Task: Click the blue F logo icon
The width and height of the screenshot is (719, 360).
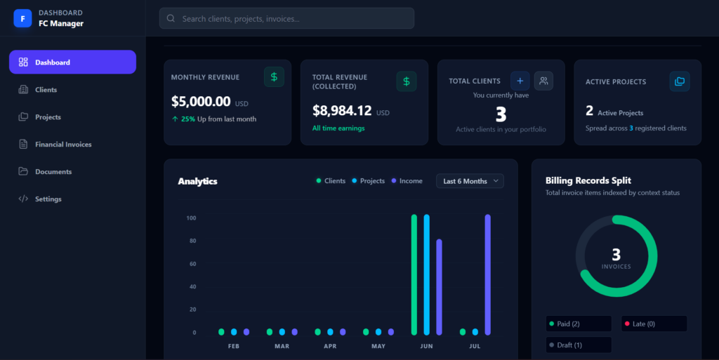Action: point(22,18)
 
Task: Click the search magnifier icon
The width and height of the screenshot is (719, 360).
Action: point(171,18)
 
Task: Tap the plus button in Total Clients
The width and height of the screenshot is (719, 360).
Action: point(520,81)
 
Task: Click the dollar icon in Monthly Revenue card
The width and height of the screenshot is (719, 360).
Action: point(274,77)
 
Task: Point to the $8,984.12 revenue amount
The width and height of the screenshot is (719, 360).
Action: point(342,110)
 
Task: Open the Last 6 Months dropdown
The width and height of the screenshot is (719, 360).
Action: point(470,181)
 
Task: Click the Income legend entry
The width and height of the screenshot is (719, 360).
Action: point(407,181)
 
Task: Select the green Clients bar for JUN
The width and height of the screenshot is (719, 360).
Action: point(414,275)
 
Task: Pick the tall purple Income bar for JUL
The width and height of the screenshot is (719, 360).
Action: point(487,275)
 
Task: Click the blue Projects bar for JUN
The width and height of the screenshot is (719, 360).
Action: point(426,275)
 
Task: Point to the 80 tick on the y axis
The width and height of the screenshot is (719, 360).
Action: point(192,241)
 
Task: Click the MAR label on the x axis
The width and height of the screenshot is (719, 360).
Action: point(282,346)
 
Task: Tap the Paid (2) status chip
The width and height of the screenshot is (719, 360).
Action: point(579,324)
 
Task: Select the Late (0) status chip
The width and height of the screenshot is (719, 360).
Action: point(654,324)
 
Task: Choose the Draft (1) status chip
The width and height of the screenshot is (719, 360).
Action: point(579,345)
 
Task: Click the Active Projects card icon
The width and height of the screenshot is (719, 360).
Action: point(680,81)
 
